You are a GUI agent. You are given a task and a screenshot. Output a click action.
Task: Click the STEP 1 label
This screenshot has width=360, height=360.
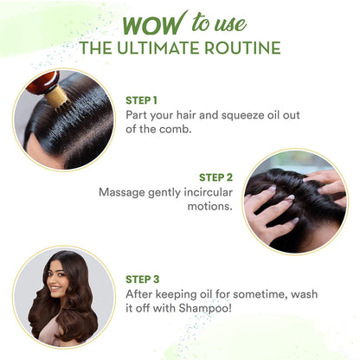click(141, 100)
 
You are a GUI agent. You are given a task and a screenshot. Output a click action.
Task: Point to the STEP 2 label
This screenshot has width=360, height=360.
click(215, 177)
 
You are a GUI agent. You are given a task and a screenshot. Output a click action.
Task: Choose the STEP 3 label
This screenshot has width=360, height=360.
click(143, 280)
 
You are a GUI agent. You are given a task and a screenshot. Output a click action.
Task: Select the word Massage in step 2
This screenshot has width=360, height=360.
click(122, 193)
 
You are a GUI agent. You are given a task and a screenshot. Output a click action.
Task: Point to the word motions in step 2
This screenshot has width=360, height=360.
click(209, 206)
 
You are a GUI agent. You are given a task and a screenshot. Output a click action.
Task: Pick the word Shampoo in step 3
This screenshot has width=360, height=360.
click(205, 309)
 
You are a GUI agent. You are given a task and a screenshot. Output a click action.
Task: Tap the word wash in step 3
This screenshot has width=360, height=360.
click(305, 294)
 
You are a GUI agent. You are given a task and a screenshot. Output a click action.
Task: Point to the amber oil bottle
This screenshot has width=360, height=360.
click(43, 82)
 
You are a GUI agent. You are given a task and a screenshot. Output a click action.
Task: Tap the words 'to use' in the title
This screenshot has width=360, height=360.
click(219, 22)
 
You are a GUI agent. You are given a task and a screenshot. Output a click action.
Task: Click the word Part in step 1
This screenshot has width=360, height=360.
click(137, 115)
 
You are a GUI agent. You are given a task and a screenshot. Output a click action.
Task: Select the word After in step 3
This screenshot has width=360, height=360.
click(139, 294)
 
